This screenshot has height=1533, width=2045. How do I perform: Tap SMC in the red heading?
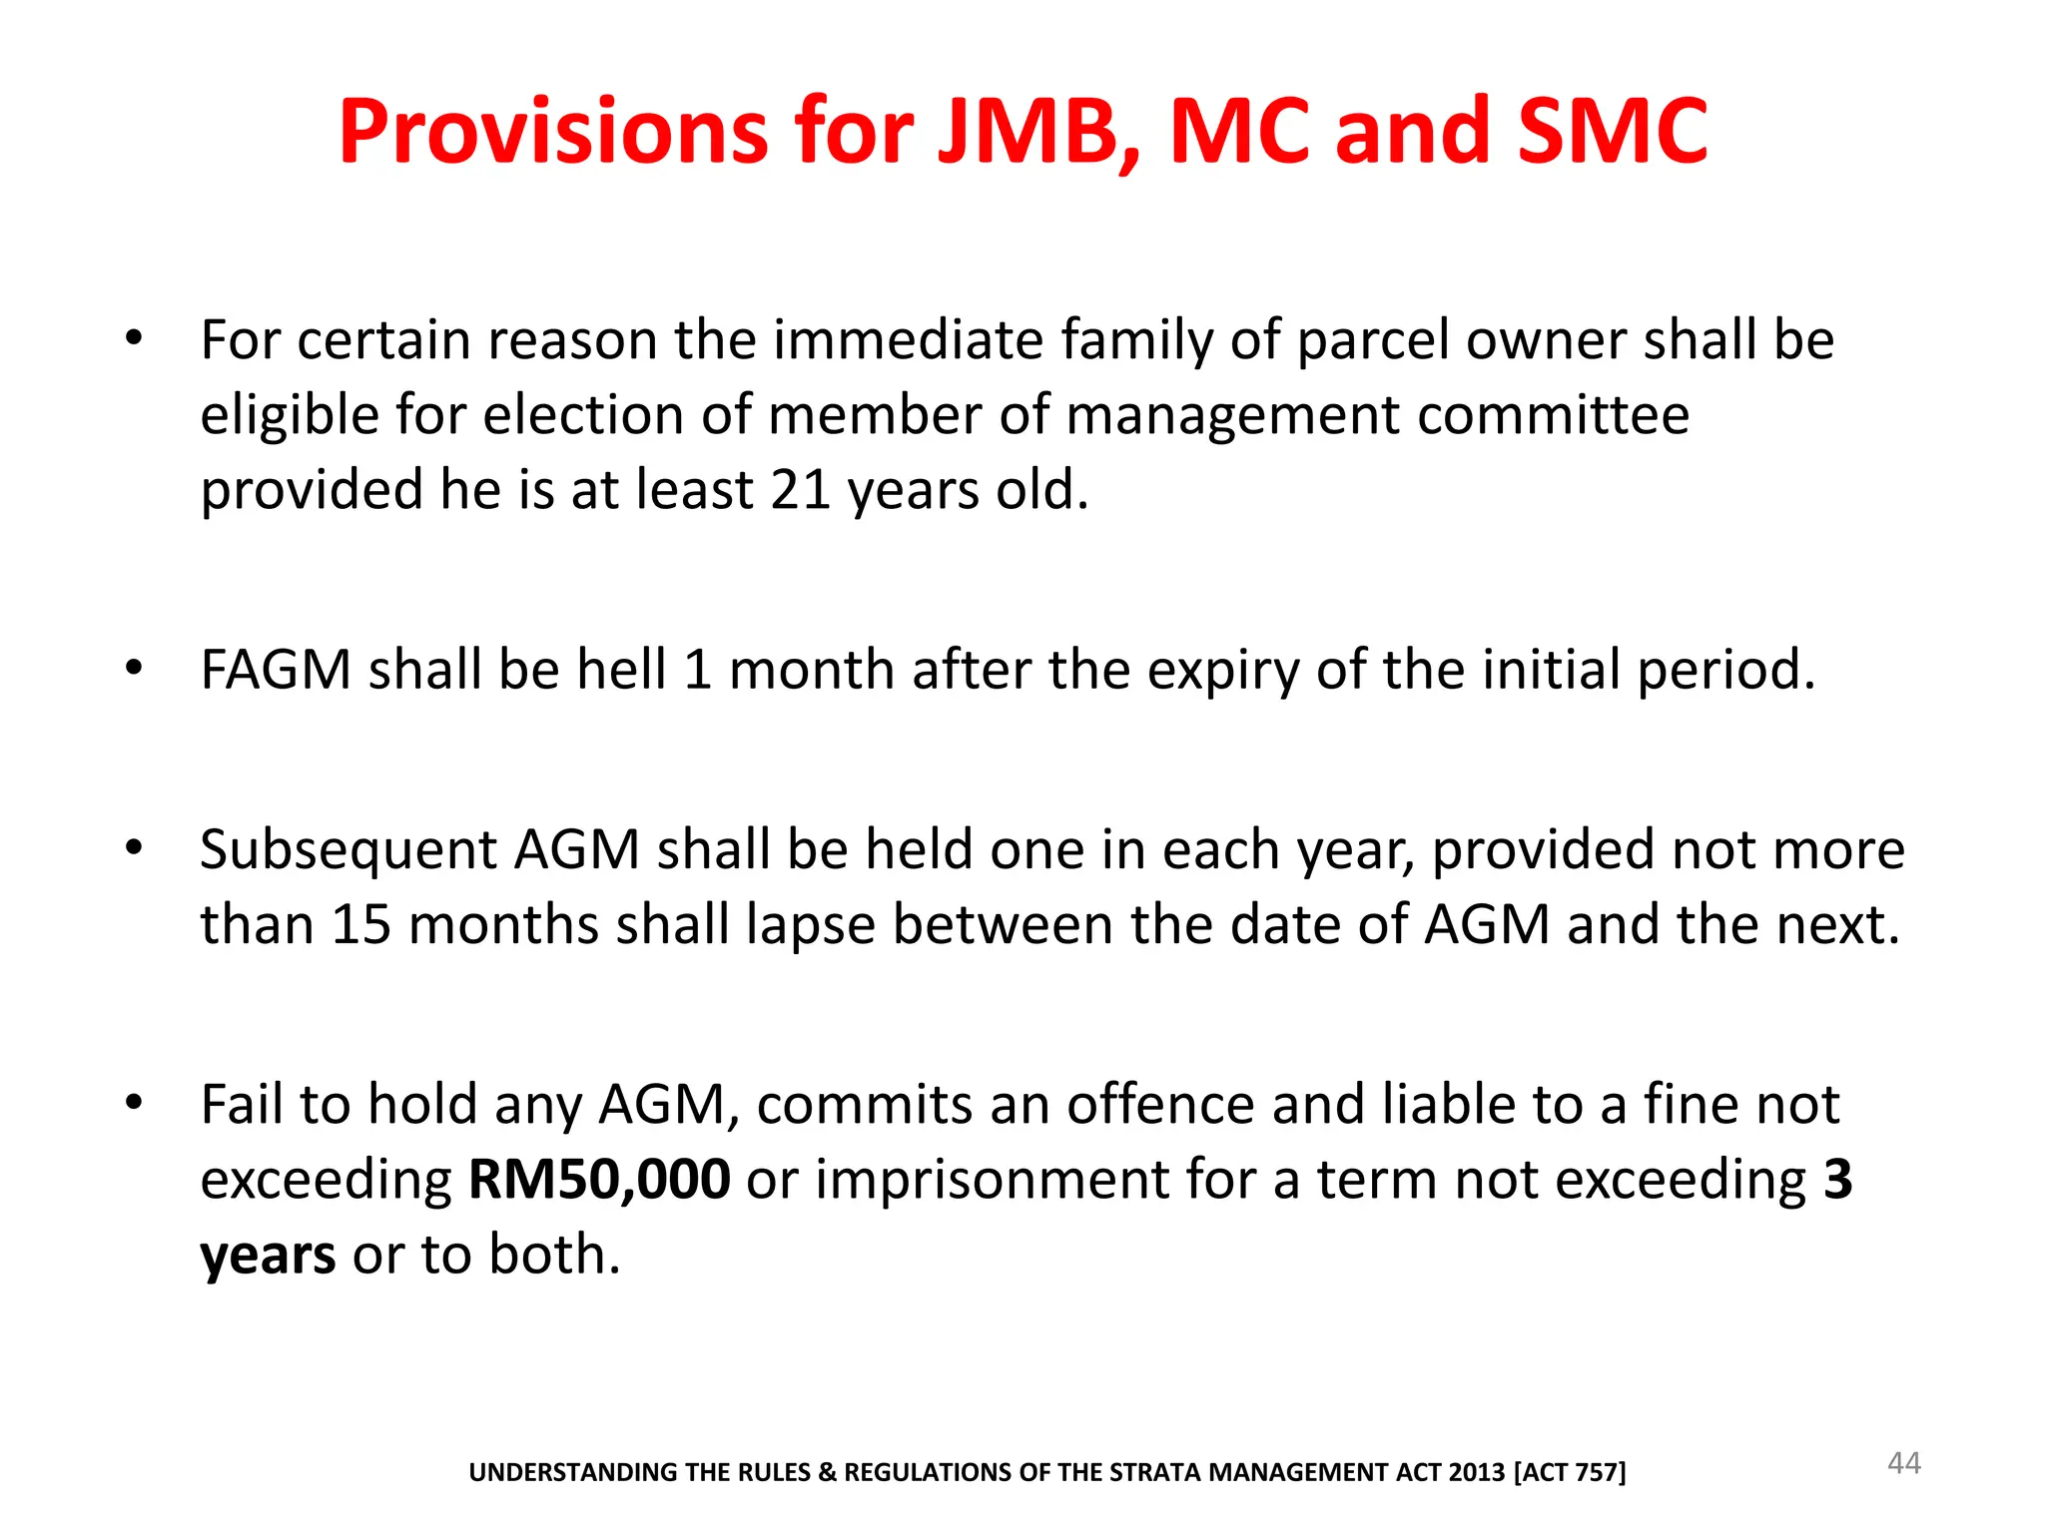[1612, 132]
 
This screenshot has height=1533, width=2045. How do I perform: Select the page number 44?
[1903, 1463]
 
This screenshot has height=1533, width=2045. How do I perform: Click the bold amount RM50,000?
[599, 1180]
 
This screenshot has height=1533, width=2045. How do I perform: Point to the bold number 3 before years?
[1837, 1180]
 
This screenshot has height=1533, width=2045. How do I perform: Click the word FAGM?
[276, 670]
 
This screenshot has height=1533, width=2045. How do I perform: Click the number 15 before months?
[361, 925]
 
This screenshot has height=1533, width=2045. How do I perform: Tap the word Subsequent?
[348, 851]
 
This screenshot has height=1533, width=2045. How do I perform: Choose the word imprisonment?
[993, 1180]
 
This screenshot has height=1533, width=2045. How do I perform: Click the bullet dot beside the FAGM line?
[135, 668]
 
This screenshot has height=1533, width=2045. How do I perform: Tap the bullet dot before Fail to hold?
[135, 1103]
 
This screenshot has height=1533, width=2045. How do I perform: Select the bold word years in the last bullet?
[268, 1256]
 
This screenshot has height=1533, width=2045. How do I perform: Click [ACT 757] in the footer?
[1570, 1472]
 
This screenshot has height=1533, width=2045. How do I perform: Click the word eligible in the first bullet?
[290, 415]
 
